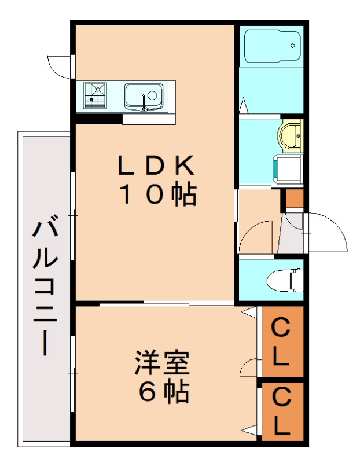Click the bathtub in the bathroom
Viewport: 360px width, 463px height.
click(271, 46)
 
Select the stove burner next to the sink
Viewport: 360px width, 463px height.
click(95, 95)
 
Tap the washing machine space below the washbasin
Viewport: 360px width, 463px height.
click(288, 168)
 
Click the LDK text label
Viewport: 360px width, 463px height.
click(156, 166)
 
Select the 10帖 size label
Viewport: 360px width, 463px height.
click(156, 195)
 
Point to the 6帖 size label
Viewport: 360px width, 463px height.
click(163, 393)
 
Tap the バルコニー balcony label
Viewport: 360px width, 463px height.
click(45, 286)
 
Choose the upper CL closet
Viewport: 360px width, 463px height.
click(282, 341)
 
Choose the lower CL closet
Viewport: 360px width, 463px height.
click(282, 410)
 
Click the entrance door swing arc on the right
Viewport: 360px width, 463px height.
click(328, 231)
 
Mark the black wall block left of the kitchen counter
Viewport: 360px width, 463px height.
click(98, 120)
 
